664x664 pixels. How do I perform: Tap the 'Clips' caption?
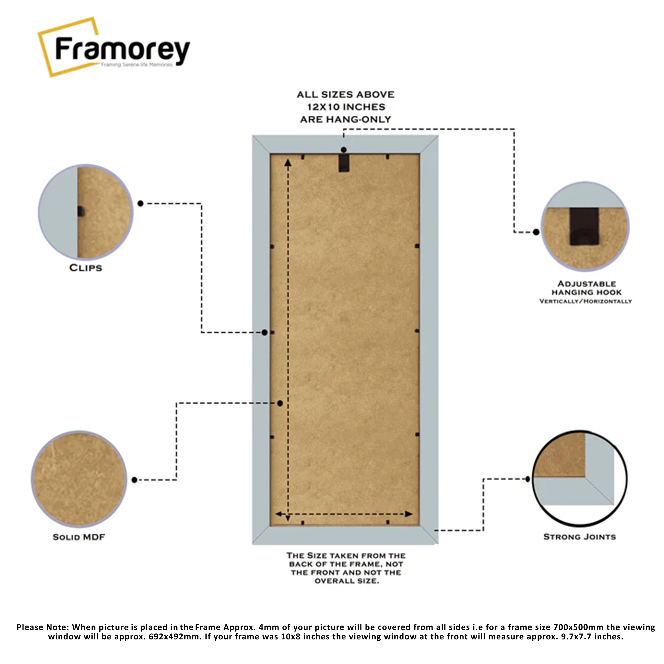(x=86, y=268)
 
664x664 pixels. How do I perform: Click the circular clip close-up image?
(x=86, y=212)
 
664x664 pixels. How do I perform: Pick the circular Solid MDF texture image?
(x=79, y=479)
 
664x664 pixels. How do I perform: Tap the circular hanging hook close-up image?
(x=585, y=226)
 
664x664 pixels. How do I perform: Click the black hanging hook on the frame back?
(x=344, y=163)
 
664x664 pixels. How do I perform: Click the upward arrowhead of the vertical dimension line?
(x=288, y=162)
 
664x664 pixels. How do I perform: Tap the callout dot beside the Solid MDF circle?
(x=134, y=480)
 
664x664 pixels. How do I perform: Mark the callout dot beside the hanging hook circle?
(x=536, y=232)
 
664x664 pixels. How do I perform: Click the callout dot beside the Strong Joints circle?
(x=528, y=479)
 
